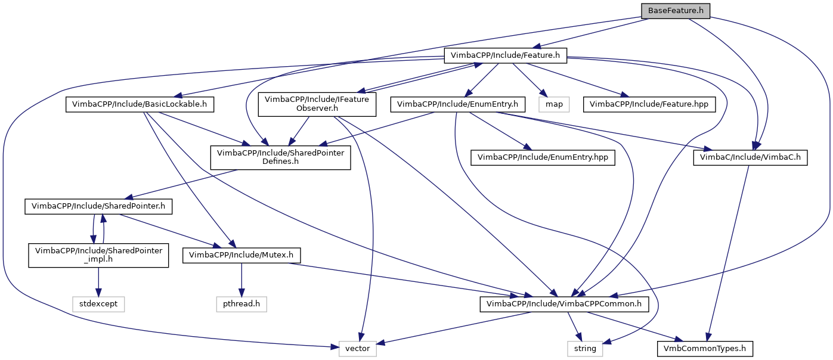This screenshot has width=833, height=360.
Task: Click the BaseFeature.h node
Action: coord(676,11)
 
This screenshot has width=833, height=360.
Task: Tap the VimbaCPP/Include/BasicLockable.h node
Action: coord(140,104)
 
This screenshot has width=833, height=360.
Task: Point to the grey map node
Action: coord(554,104)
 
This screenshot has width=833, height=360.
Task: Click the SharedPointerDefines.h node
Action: coord(280,157)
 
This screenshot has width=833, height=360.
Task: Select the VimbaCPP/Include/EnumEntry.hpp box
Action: coord(543,157)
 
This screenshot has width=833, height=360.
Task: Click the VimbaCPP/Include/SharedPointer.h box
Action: coord(98,206)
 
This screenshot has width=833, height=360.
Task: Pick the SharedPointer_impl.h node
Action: coord(98,255)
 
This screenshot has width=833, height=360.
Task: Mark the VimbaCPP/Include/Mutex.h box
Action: coord(241,255)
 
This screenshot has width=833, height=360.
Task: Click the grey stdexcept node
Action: coord(98,304)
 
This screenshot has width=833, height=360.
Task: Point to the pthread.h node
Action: coord(241,304)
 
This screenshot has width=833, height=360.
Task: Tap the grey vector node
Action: coord(358,348)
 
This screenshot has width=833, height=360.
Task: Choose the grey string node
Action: coord(585,348)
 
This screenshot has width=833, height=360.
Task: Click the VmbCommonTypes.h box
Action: coord(705,348)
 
